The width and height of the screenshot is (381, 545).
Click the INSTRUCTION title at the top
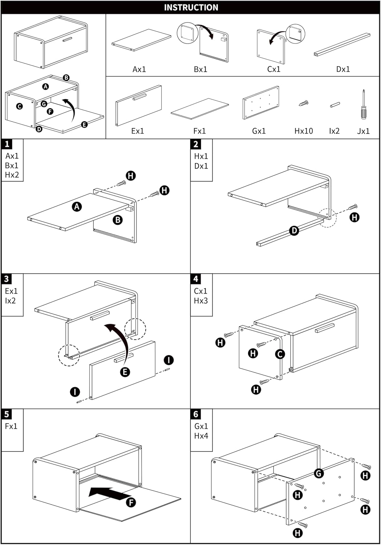click(191, 8)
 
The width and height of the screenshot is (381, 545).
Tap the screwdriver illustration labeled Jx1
click(363, 104)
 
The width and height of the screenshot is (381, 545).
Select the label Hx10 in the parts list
click(303, 131)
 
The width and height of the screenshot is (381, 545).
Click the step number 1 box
click(7, 144)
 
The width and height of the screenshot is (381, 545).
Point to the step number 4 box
click(196, 279)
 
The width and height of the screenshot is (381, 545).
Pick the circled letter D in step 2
click(294, 230)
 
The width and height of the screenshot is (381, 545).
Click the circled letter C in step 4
click(280, 354)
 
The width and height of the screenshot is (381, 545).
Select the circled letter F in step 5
click(131, 502)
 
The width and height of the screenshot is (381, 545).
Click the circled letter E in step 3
click(125, 372)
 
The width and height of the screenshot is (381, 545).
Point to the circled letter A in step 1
click(77, 207)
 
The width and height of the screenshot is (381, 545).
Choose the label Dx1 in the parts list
click(343, 69)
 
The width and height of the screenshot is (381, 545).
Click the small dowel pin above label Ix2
click(335, 105)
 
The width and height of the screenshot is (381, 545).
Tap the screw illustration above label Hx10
click(303, 103)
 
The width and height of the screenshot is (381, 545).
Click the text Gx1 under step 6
click(201, 426)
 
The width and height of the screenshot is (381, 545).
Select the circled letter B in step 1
click(118, 220)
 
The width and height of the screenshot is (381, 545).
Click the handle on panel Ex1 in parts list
click(139, 97)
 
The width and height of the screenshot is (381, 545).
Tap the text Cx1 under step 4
click(200, 291)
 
